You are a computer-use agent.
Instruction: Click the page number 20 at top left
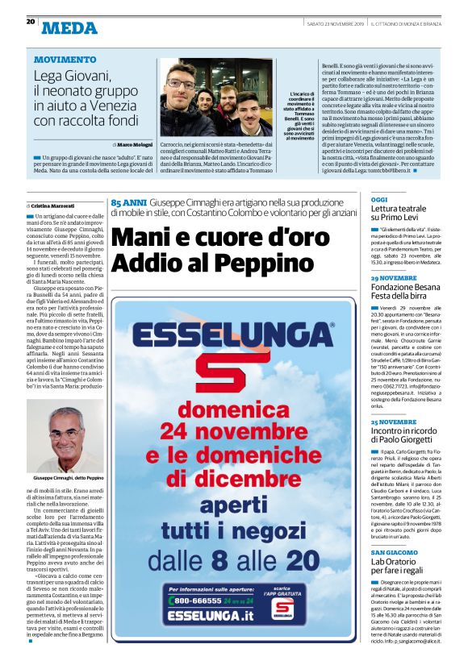[x=30, y=21]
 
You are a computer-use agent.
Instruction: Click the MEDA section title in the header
[x=69, y=28]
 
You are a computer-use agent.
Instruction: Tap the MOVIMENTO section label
[x=65, y=60]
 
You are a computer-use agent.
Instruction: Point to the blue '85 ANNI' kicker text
[x=128, y=203]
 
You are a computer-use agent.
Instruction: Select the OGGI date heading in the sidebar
[x=379, y=199]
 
